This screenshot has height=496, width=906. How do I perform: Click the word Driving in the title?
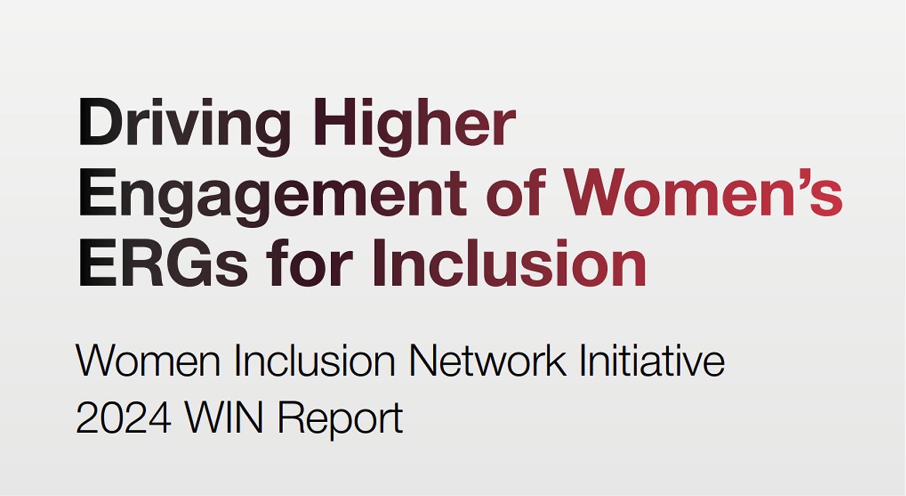click(184, 123)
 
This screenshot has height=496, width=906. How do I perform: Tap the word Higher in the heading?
click(415, 123)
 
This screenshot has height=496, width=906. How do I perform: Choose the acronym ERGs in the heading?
click(163, 264)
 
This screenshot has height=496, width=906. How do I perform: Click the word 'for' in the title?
click(309, 264)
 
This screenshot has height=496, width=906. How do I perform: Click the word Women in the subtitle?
click(147, 361)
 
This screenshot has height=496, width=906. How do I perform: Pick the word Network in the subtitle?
click(487, 361)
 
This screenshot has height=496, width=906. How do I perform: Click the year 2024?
click(123, 418)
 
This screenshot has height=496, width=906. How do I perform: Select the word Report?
click(340, 420)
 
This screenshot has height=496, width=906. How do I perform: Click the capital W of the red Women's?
click(599, 192)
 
